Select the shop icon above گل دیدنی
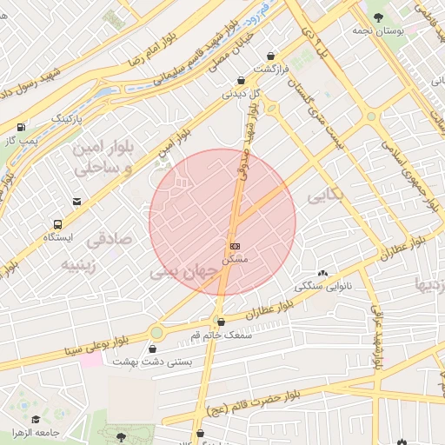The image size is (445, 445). pyautogui.click(x=241, y=80)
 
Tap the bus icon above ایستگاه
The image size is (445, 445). pyautogui.click(x=56, y=223)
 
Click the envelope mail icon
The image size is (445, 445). pyautogui.click(x=78, y=202)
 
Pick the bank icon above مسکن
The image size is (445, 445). pyautogui.click(x=236, y=246)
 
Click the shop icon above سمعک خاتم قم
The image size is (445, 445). pyautogui.click(x=220, y=322)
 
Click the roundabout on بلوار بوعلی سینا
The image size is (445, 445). pyautogui.click(x=156, y=331)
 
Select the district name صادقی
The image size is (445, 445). pyautogui.click(x=112, y=236)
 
